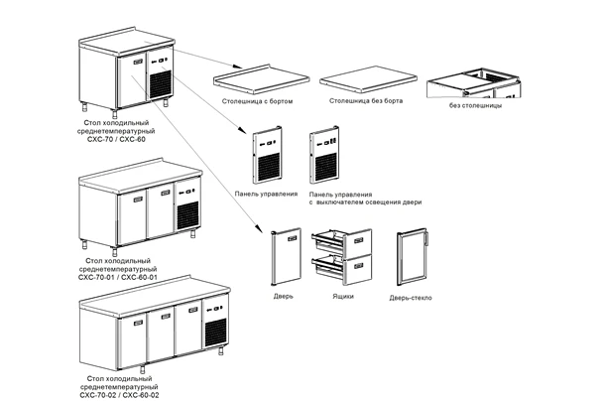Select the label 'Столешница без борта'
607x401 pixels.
[363, 101]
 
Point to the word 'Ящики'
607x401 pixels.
[337, 296]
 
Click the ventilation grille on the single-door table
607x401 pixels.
[161, 81]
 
